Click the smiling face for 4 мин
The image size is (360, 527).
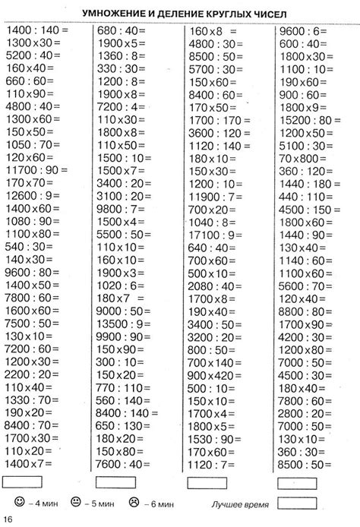coord(18,502)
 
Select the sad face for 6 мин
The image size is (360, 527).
coord(134,502)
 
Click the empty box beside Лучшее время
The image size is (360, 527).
coord(298,502)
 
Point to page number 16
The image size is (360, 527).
coord(8,519)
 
